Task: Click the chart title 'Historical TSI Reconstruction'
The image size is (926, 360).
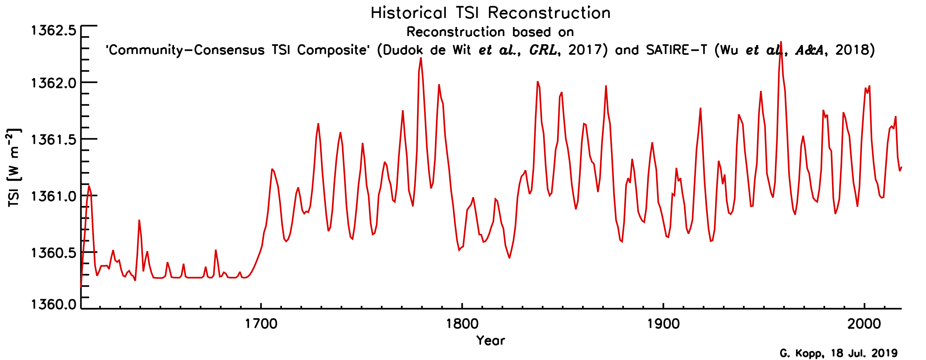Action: (490, 13)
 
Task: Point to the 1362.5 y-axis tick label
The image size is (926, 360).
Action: (54, 31)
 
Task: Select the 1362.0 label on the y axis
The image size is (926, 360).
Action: (54, 83)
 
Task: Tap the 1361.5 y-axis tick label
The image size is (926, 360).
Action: (54, 140)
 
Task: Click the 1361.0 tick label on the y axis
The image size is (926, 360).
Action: (54, 196)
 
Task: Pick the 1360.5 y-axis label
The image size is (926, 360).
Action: (54, 253)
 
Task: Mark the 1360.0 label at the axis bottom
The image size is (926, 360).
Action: (54, 305)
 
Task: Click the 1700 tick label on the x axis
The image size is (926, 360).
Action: (261, 324)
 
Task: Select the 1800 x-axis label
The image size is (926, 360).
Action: (462, 324)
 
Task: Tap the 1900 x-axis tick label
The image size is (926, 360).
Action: (663, 324)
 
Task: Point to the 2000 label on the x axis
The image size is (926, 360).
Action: (864, 324)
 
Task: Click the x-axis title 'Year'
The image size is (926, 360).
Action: (490, 340)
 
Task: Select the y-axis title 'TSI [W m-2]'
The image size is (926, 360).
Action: (14, 168)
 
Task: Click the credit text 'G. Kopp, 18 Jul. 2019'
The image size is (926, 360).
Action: (839, 353)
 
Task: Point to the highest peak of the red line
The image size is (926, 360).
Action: (781, 43)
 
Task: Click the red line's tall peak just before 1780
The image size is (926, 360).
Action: (421, 58)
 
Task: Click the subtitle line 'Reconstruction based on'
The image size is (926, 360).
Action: (490, 32)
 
